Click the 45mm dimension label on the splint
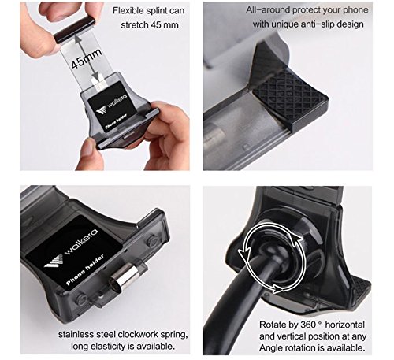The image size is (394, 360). click(x=87, y=58)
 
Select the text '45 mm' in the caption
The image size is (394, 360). click(x=165, y=25)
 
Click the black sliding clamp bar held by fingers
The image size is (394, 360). click(x=74, y=29)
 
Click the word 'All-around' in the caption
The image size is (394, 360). click(x=268, y=10)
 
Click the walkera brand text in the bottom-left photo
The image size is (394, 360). click(x=80, y=242)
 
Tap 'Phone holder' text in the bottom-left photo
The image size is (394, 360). click(x=84, y=269)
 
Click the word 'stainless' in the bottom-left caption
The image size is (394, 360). click(x=76, y=334)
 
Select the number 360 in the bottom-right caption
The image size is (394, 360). click(x=308, y=325)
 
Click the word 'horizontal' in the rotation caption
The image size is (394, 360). click(x=345, y=325)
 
